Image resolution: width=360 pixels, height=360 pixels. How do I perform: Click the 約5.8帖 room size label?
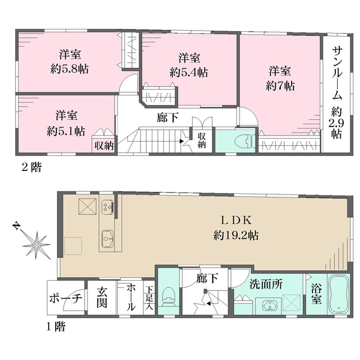tap(70, 69)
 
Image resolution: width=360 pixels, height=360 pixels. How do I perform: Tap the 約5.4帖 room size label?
tap(189, 73)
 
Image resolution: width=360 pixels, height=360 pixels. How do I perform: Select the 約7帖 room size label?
tap(280, 86)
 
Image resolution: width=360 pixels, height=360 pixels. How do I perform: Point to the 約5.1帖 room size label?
tap(66, 131)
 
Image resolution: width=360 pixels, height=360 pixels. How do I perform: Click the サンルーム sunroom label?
tap(337, 73)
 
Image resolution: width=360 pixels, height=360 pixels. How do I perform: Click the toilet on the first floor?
tap(169, 297)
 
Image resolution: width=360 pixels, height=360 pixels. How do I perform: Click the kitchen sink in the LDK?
tap(108, 239)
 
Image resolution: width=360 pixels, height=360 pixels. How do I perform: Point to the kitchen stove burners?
tap(108, 206)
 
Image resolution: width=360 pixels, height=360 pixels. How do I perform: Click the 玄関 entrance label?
tap(102, 298)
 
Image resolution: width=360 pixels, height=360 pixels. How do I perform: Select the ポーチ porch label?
tap(65, 298)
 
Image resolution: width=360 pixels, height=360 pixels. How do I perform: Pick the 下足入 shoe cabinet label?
tap(149, 298)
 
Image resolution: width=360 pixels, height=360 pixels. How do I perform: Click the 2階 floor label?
tap(32, 167)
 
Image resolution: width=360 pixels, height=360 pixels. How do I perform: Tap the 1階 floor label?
tap(55, 326)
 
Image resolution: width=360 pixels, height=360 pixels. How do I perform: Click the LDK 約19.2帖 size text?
tap(236, 236)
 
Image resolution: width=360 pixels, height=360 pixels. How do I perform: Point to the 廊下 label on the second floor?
tap(168, 118)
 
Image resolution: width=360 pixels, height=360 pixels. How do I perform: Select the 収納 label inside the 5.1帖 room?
tap(104, 146)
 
